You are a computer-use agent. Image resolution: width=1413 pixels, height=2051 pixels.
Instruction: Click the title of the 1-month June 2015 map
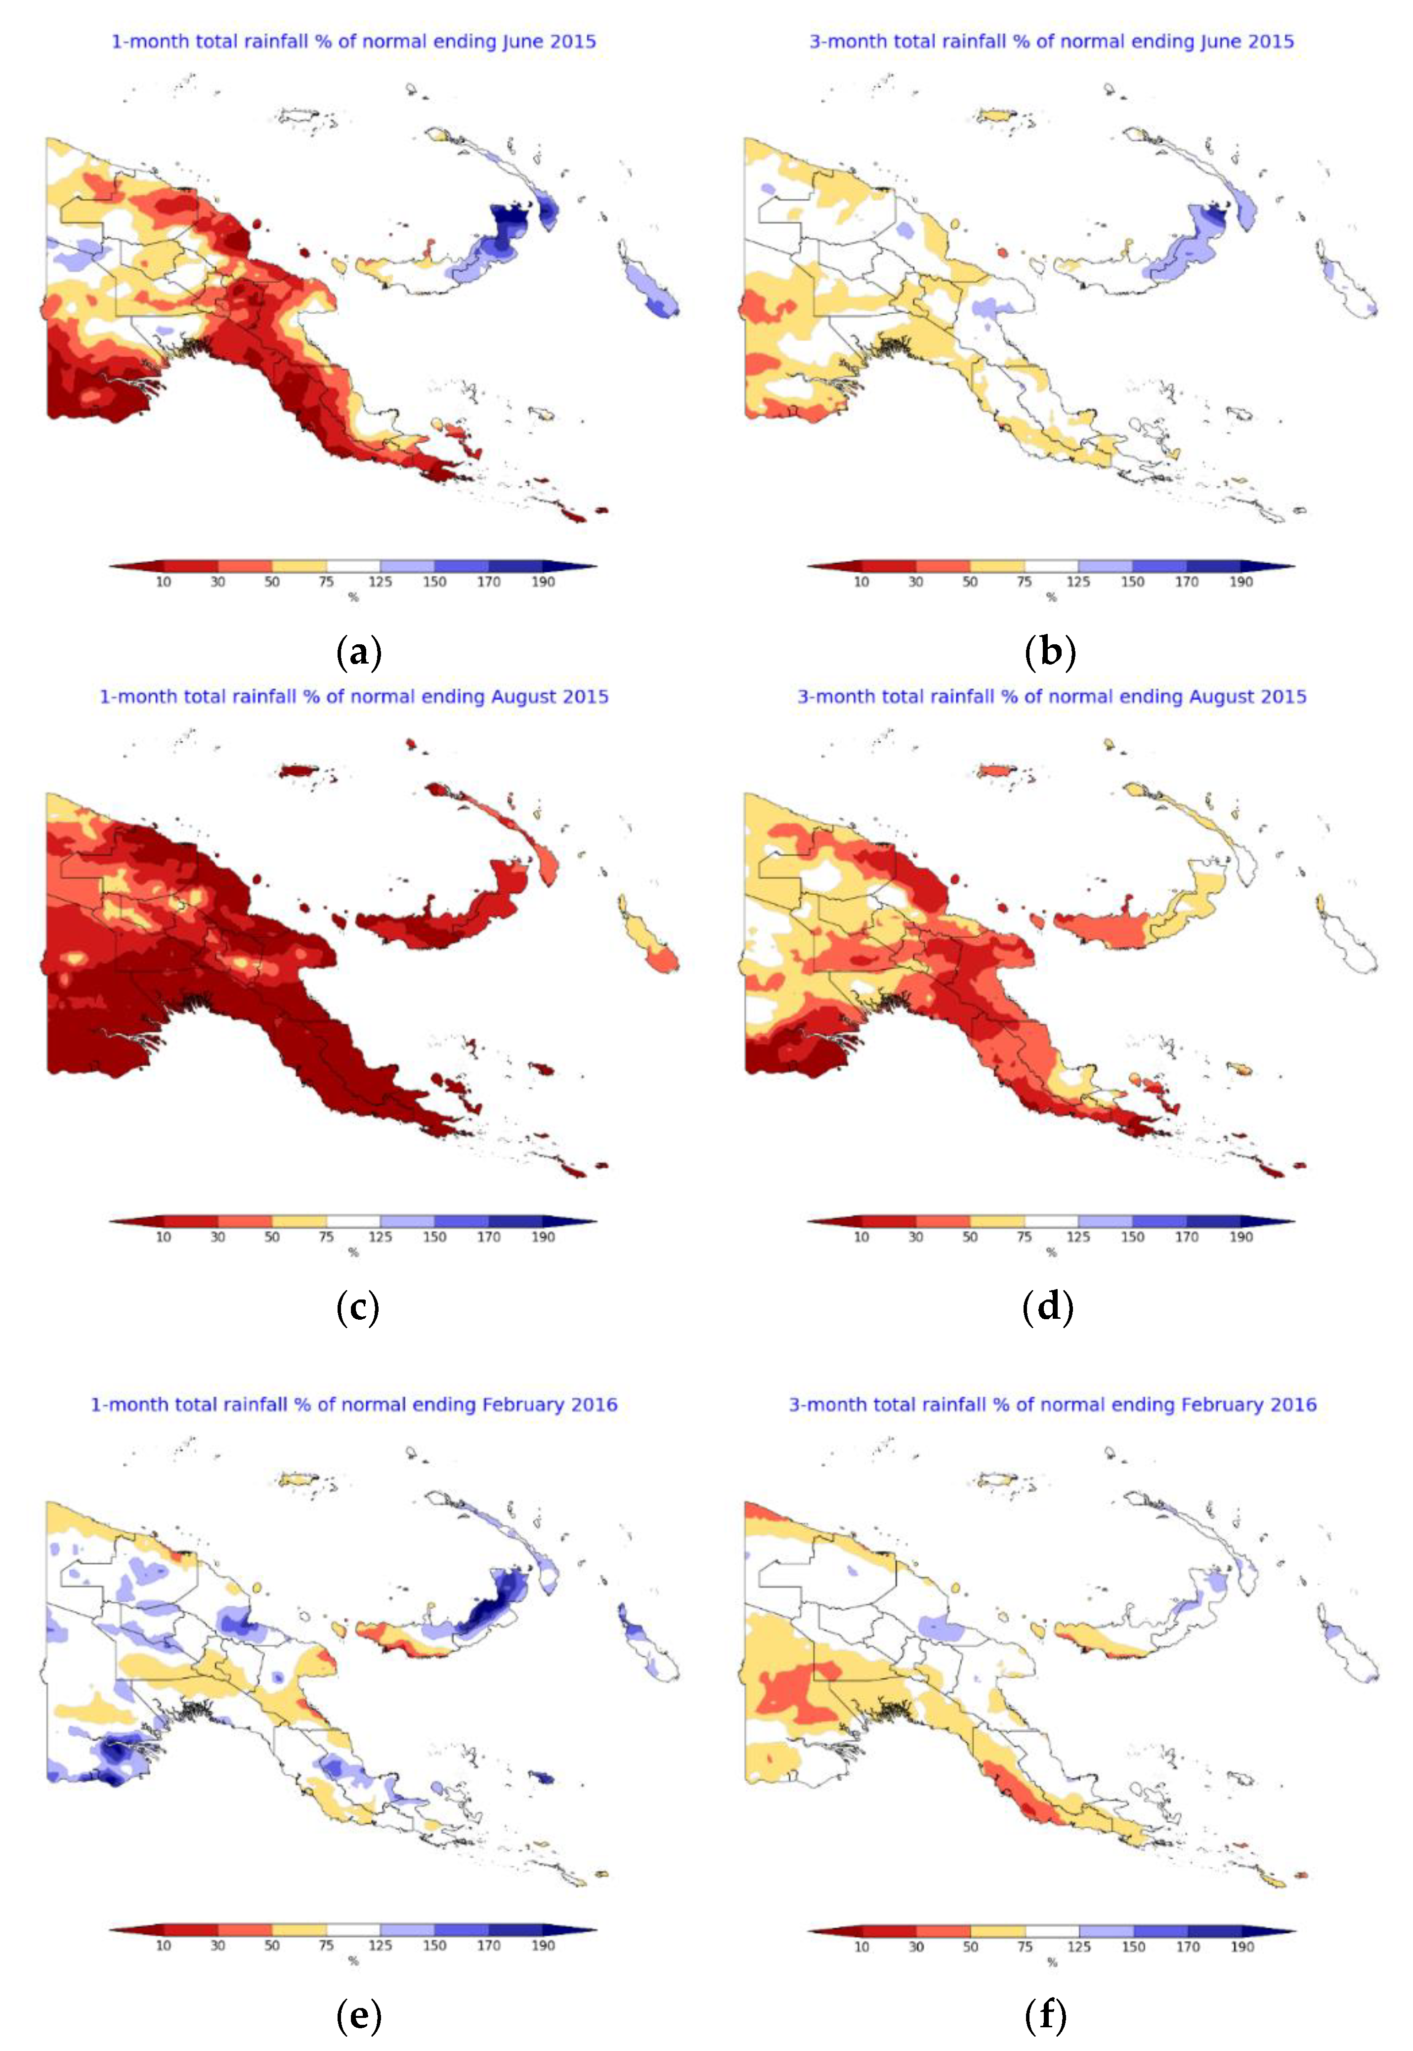click(353, 42)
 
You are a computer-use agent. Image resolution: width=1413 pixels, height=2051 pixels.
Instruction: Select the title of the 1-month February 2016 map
click(353, 1404)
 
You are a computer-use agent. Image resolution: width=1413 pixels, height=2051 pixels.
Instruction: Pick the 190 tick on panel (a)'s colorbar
click(543, 582)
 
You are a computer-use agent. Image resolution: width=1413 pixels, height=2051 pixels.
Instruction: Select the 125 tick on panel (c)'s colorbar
click(380, 1237)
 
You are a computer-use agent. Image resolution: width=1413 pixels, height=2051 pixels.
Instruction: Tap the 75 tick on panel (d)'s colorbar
click(1025, 1237)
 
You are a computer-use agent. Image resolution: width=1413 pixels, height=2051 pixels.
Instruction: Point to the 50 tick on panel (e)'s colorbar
click(272, 1945)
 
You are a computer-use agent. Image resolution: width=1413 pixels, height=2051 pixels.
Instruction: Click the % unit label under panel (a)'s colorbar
click(353, 597)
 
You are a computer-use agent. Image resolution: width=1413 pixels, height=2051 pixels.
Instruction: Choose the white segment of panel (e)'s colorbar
click(353, 1930)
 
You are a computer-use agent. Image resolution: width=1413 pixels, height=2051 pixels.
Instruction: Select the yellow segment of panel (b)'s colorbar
click(997, 566)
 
